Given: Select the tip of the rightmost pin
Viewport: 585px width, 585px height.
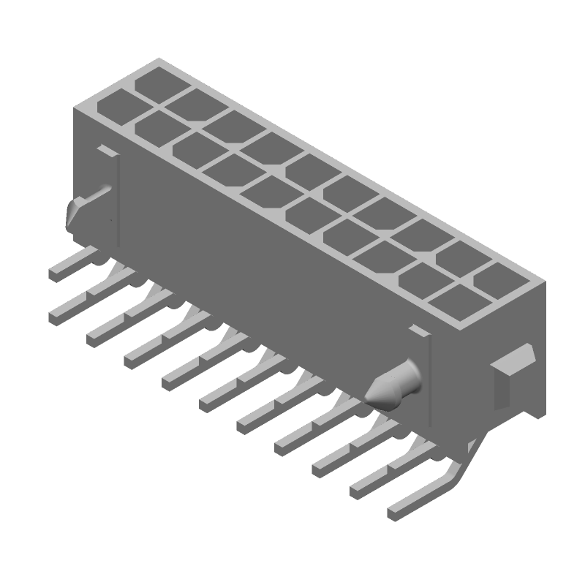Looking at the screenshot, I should click(x=393, y=514).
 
